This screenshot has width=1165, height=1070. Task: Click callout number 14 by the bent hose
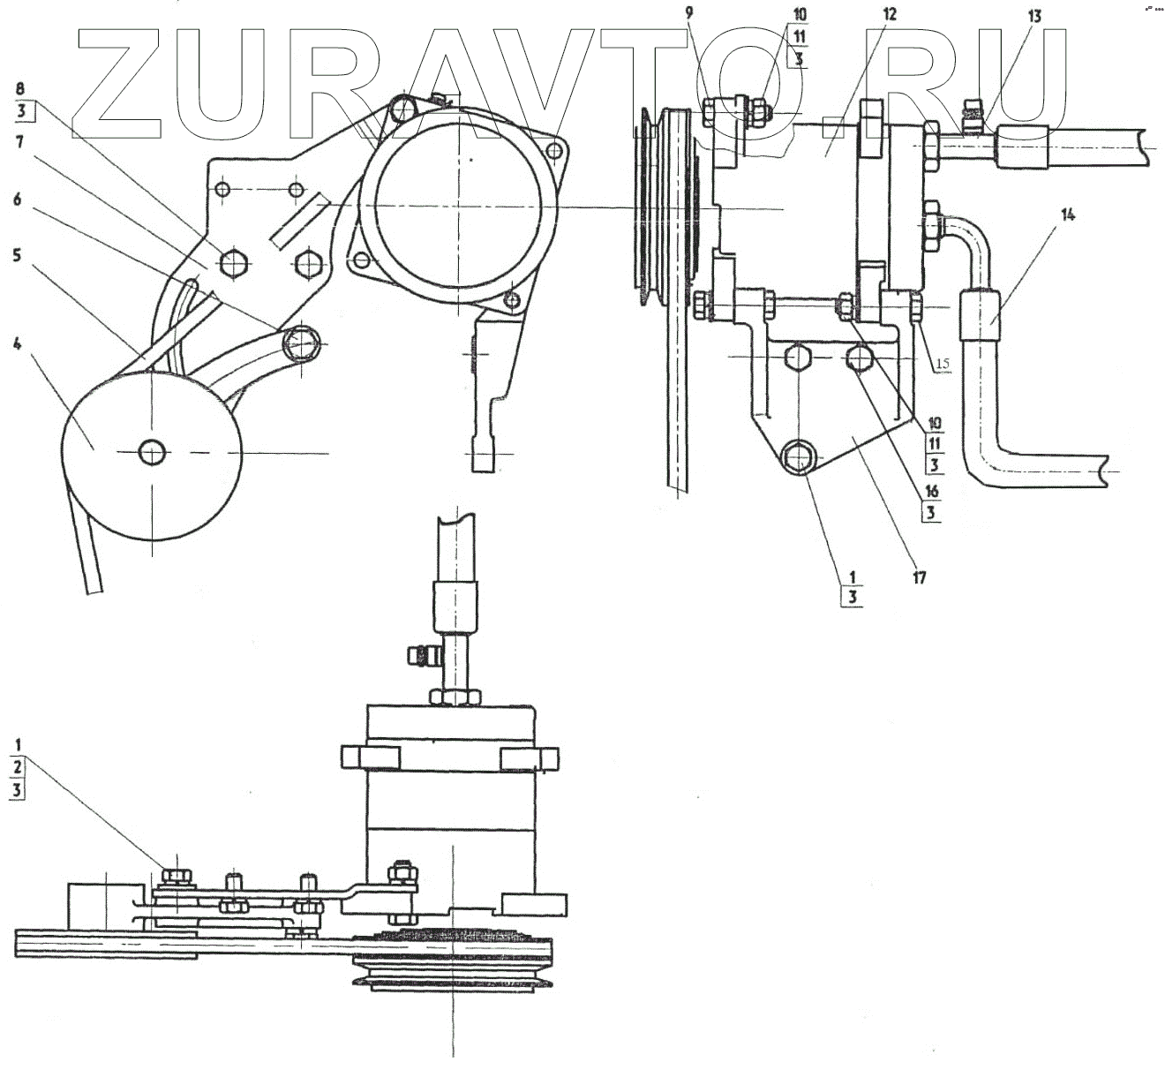1069,214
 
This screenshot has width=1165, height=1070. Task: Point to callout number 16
932,491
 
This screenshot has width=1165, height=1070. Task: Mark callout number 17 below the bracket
920,578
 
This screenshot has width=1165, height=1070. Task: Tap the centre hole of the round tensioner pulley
153,452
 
